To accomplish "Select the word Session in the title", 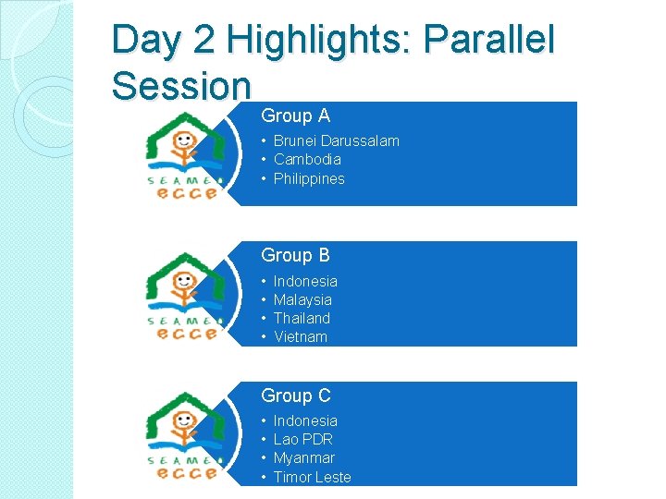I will pyautogui.click(x=181, y=86).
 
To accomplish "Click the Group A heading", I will pyautogui.click(x=295, y=116).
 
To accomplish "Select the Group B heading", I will pyautogui.click(x=295, y=255).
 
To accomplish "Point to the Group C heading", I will pyautogui.click(x=295, y=396).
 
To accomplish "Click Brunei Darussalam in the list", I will pyautogui.click(x=336, y=140).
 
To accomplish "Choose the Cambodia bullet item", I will pyautogui.click(x=307, y=159).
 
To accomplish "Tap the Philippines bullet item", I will pyautogui.click(x=309, y=178).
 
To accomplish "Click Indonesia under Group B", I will pyautogui.click(x=305, y=281).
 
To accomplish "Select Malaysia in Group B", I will pyautogui.click(x=302, y=299).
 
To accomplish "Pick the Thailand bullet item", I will pyautogui.click(x=302, y=318).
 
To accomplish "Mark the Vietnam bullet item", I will pyautogui.click(x=301, y=336).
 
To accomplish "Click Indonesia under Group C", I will pyautogui.click(x=305, y=420).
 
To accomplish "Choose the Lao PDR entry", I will pyautogui.click(x=302, y=439).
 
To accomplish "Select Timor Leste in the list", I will pyautogui.click(x=312, y=477).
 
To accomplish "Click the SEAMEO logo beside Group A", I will pyautogui.click(x=183, y=154).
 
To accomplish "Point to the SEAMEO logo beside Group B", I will pyautogui.click(x=183, y=295).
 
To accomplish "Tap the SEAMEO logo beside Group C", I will pyautogui.click(x=183, y=435).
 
